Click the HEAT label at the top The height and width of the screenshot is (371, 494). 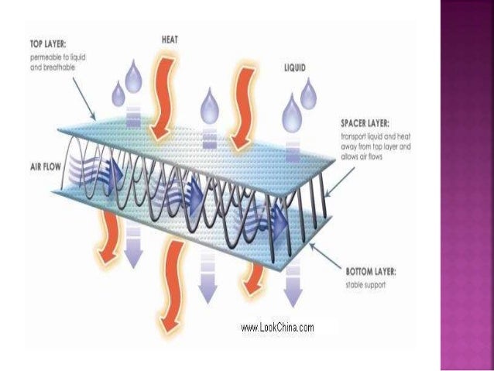172,37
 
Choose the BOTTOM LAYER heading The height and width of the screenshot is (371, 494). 370,271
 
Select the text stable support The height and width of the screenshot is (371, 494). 365,286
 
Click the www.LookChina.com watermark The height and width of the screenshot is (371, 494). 277,328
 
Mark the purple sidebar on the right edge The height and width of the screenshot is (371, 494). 467,186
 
